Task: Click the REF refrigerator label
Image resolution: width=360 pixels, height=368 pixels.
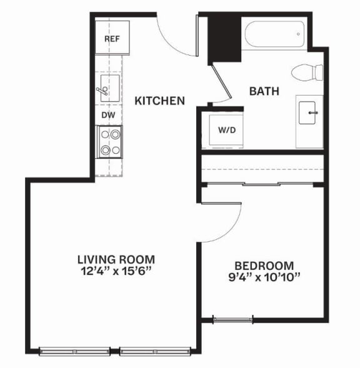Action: [112, 39]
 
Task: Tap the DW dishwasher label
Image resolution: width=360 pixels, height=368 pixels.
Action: [108, 115]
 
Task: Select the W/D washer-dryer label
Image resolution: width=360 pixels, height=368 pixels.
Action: [227, 130]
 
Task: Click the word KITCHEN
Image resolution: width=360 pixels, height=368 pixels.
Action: [159, 101]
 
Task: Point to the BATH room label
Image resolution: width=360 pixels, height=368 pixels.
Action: [264, 91]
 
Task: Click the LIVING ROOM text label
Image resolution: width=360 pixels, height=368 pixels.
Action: [116, 259]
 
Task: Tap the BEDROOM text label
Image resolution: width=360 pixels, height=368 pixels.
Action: [264, 266]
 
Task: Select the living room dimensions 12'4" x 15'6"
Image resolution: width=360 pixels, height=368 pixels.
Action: [116, 271]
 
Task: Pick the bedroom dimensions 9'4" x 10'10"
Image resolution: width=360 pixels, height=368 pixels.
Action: [264, 277]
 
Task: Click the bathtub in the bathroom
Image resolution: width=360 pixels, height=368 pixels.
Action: [274, 34]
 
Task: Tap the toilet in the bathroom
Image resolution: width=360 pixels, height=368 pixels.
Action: [307, 72]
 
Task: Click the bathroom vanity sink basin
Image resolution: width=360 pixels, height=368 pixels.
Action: [307, 112]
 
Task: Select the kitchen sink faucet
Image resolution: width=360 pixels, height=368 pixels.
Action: [102, 91]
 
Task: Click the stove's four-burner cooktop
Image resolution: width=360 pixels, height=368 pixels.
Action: [110, 142]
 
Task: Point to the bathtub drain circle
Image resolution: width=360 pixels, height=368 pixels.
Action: [298, 34]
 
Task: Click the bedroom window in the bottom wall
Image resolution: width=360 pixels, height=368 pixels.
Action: [233, 319]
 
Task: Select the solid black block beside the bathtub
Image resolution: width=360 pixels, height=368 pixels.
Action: [225, 39]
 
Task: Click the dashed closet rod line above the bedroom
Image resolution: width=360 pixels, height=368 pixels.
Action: [262, 169]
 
